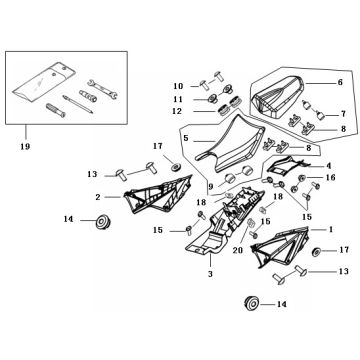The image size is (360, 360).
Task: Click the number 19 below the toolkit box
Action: pyautogui.click(x=25, y=146)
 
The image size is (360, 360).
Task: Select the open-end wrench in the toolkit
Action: pyautogui.click(x=102, y=90)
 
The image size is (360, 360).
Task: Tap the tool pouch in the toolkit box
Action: pyautogui.click(x=44, y=82)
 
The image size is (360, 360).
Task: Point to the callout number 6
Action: pyautogui.click(x=340, y=82)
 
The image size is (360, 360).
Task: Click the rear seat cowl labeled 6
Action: pyautogui.click(x=278, y=97)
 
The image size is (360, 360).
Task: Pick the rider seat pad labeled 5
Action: pyautogui.click(x=230, y=143)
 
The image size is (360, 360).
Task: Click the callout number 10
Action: pyautogui.click(x=178, y=86)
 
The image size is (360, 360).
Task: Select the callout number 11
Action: pyautogui.click(x=178, y=99)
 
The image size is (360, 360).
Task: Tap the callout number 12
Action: pyautogui.click(x=178, y=111)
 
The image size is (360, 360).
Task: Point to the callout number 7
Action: pyautogui.click(x=343, y=114)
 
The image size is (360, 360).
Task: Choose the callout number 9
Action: pyautogui.click(x=210, y=187)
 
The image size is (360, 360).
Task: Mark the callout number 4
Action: pyautogui.click(x=328, y=165)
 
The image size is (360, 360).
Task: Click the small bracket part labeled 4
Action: pyautogui.click(x=285, y=165)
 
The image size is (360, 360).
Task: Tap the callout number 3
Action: pyautogui.click(x=210, y=274)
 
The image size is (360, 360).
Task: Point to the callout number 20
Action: pyautogui.click(x=238, y=250)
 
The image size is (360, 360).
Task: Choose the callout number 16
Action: pyautogui.click(x=330, y=177)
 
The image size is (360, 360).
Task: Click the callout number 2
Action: pyautogui.click(x=98, y=197)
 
